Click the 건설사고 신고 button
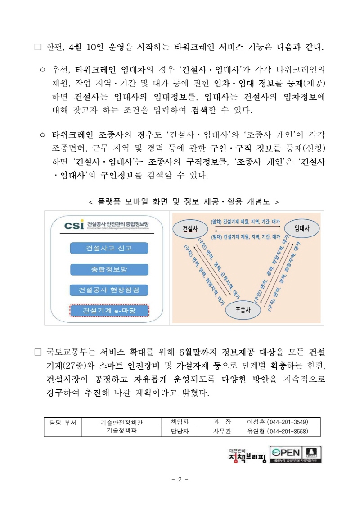[109, 248]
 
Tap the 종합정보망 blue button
[109, 269]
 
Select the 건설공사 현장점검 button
[109, 290]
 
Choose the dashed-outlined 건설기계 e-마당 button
[109, 311]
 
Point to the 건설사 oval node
[190, 228]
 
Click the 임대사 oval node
[301, 228]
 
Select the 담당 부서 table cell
[63, 422]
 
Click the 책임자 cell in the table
[180, 422]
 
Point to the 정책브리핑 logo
[247, 456]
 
